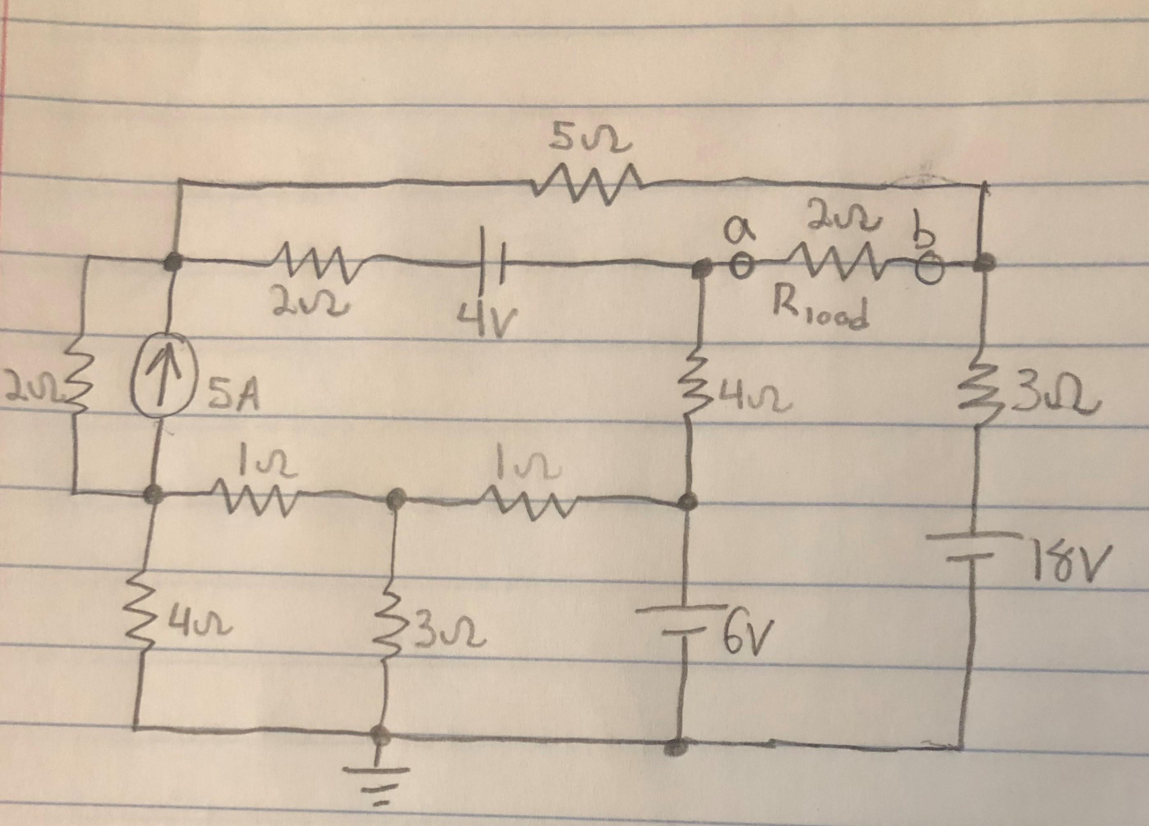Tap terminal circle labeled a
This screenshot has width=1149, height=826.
[741, 266]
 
